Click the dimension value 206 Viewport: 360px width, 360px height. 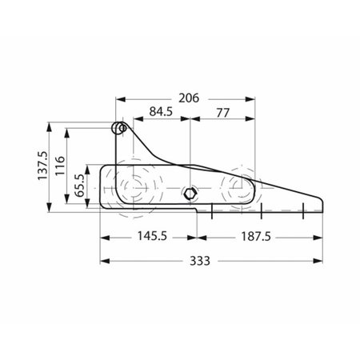coord(189,98)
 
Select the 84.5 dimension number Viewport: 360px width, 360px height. coord(161,112)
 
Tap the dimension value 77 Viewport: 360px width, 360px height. coord(222,113)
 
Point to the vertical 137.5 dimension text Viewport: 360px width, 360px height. coord(42,166)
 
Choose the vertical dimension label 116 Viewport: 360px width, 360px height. coord(60,166)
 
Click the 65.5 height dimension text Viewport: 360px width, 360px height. coord(79,186)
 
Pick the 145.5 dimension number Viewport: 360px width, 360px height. coord(152,236)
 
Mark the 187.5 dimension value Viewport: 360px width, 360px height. coord(256,237)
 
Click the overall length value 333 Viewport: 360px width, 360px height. coord(200,261)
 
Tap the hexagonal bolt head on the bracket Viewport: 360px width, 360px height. coord(190,193)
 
